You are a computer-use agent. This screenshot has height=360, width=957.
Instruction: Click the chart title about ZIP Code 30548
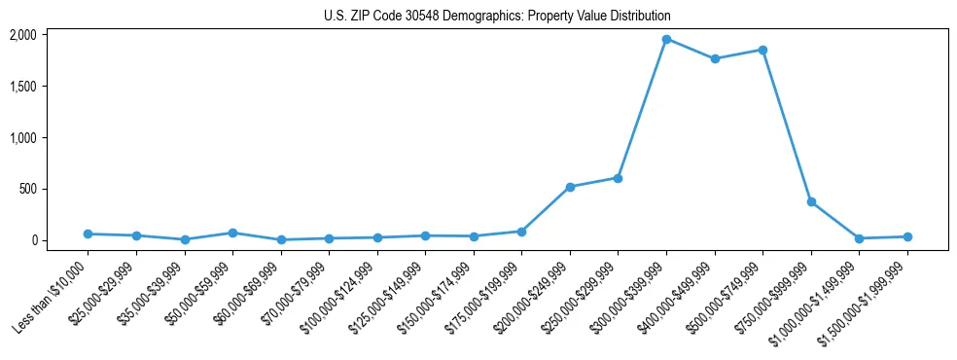[x=497, y=17]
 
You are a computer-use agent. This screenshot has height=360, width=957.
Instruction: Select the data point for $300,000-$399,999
[x=666, y=39]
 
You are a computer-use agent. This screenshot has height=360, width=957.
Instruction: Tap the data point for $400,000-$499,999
[x=715, y=58]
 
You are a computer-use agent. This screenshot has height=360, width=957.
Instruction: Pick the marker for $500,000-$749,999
[x=762, y=50]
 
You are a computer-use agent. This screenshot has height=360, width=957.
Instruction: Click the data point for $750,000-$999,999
[x=811, y=201]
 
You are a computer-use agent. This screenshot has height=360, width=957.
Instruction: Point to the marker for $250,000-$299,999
[x=619, y=178]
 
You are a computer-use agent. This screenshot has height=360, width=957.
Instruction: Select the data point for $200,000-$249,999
[x=570, y=187]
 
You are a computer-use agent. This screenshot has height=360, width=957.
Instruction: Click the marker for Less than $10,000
[x=89, y=234]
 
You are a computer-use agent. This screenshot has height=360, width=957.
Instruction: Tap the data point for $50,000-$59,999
[x=232, y=233]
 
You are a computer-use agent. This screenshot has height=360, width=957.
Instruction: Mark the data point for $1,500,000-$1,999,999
[x=907, y=236]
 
